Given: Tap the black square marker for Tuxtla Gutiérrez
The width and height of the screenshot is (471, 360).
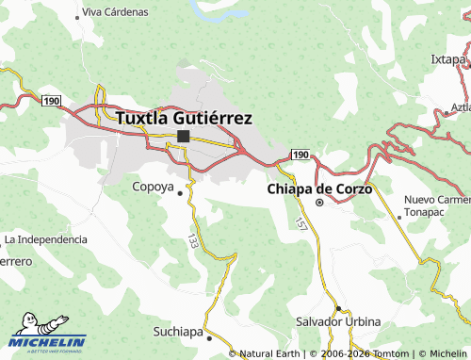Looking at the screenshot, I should (183, 137).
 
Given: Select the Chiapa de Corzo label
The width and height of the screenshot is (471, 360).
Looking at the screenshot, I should (320, 188).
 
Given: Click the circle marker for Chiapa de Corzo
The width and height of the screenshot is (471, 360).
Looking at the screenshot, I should (319, 202).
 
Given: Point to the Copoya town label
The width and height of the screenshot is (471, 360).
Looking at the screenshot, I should (153, 185).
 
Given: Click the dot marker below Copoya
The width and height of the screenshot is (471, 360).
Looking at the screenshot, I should (181, 193).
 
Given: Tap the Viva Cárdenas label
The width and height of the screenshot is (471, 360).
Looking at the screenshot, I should (115, 12).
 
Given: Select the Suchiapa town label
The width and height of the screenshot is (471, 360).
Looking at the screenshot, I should (176, 332).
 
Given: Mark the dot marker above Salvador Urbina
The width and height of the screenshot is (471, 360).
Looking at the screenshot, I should (338, 308).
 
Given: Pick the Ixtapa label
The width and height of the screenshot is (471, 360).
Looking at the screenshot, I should (449, 58).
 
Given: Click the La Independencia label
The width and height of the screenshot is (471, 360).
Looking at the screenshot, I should (45, 239).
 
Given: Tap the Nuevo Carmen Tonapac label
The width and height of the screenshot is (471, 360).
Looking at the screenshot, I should (436, 206).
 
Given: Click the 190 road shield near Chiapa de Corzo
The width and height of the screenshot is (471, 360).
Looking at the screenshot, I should (300, 154).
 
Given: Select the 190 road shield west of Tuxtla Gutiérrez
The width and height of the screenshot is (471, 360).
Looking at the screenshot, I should (51, 100).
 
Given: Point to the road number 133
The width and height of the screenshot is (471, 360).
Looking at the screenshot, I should (192, 241).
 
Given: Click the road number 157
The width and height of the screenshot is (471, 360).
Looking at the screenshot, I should (300, 225).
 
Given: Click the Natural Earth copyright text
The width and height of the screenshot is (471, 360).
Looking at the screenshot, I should (269, 353).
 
